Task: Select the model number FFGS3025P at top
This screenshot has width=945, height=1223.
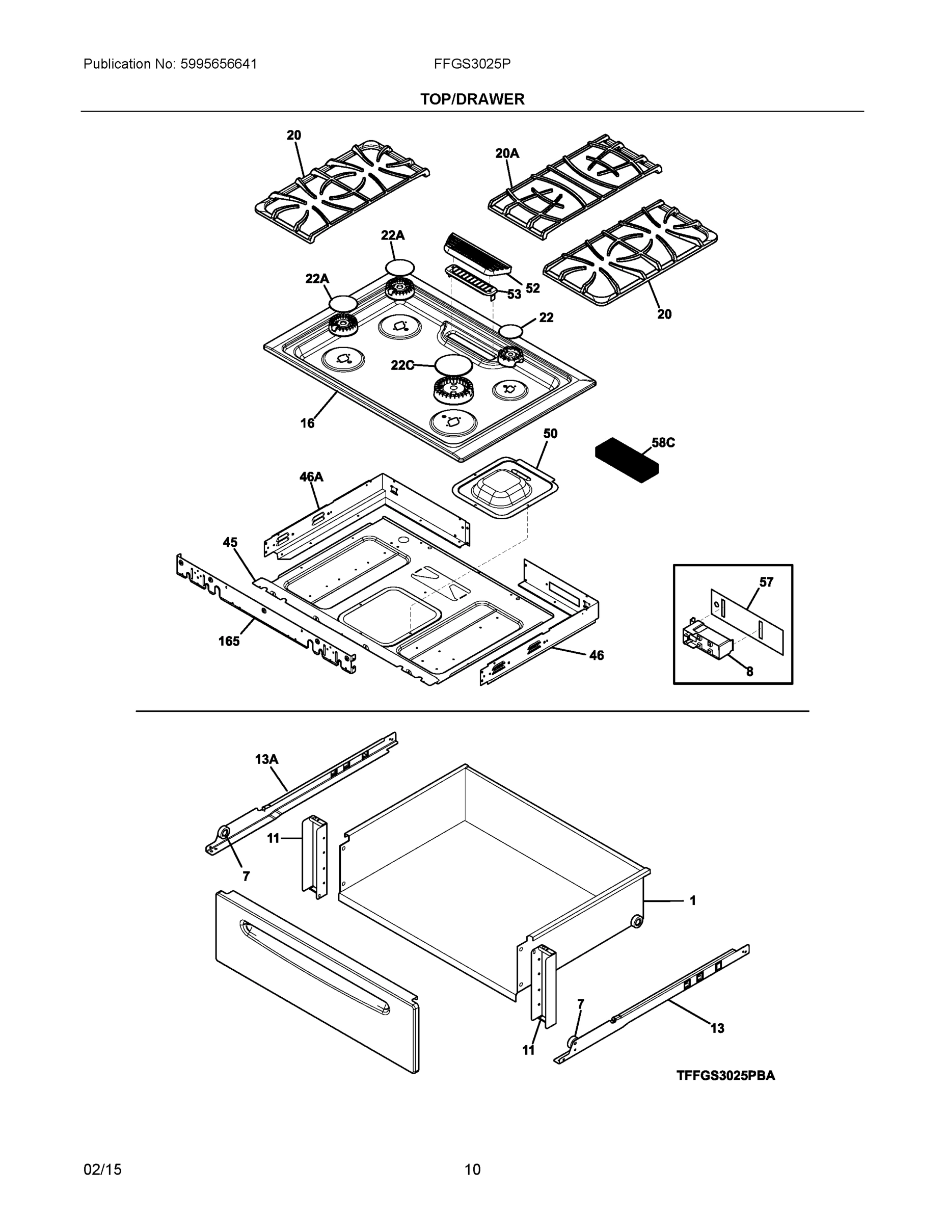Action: (x=472, y=64)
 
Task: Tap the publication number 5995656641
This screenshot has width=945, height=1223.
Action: (x=219, y=64)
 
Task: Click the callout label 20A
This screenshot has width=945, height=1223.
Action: (x=507, y=153)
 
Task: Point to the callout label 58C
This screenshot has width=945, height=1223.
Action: (x=663, y=442)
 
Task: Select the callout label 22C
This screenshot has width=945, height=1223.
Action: (x=402, y=365)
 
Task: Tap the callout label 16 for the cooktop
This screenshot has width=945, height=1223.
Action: (x=307, y=423)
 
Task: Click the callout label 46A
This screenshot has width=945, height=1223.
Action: (x=311, y=476)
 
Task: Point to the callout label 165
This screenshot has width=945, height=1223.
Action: (x=229, y=641)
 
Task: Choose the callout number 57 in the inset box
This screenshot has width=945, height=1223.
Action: (x=766, y=582)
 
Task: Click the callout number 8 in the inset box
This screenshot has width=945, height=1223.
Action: (x=749, y=672)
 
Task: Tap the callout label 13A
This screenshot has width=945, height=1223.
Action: (x=266, y=759)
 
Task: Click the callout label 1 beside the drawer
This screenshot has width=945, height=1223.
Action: (x=692, y=900)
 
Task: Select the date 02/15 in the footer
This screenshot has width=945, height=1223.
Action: (x=102, y=1169)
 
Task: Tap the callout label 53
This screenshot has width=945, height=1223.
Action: (x=514, y=295)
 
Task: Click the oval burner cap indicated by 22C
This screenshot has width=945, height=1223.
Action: (x=453, y=364)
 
